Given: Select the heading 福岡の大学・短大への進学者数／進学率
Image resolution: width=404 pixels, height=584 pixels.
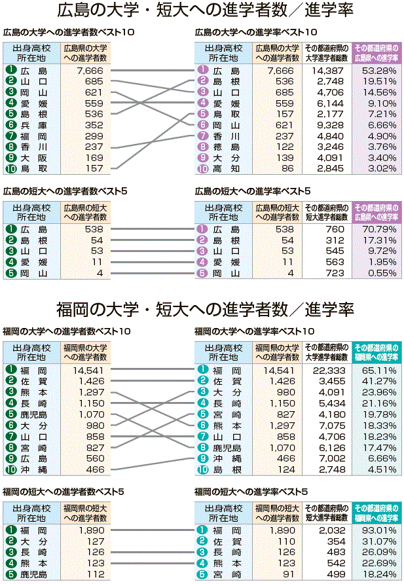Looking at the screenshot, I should click(205, 309).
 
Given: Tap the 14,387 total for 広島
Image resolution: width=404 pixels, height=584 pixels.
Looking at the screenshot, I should click(328, 70).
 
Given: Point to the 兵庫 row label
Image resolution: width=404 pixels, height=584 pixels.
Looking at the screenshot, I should click(33, 124).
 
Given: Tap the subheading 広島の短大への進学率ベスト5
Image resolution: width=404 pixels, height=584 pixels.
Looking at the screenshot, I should click(252, 191).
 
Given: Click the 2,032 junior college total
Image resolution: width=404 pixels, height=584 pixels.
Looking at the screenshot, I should click(328, 529).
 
